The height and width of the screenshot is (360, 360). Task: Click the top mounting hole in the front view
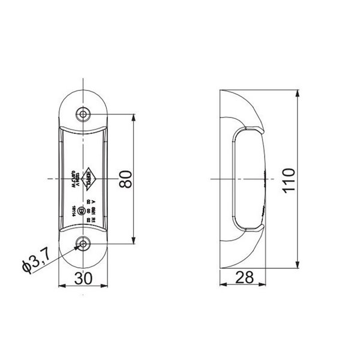(x=83, y=115)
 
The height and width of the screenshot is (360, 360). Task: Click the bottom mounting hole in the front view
(x=83, y=244)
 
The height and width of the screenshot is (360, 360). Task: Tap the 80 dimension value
(x=125, y=179)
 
